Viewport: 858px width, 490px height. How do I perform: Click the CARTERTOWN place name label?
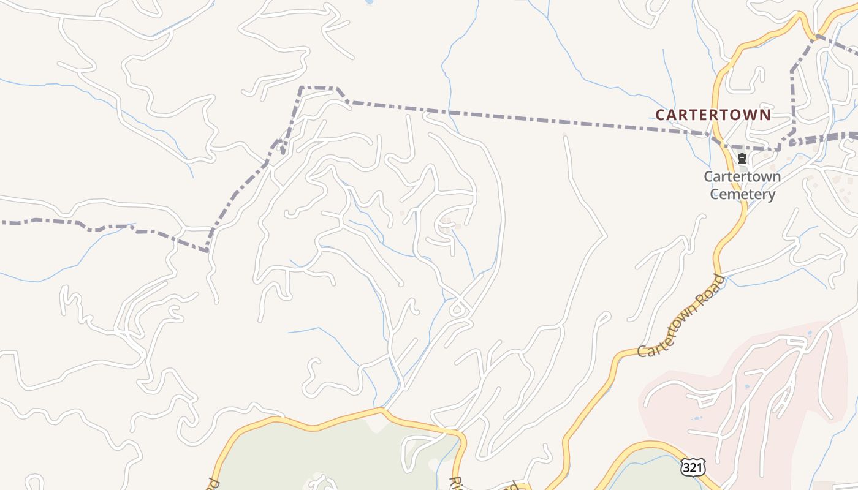click(x=713, y=115)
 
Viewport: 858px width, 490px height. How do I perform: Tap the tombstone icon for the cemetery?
click(x=742, y=159)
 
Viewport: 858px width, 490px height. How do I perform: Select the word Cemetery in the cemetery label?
click(x=742, y=195)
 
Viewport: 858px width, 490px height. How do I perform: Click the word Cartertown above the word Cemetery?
click(x=742, y=176)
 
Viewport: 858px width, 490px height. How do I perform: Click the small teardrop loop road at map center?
click(x=457, y=308)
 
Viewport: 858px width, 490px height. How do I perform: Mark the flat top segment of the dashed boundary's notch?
click(x=318, y=88)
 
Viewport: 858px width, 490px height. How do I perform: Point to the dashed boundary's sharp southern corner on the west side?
click(x=207, y=250)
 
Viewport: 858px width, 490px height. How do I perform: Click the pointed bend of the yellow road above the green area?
click(x=382, y=410)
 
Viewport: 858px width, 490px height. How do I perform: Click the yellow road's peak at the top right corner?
click(x=799, y=16)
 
